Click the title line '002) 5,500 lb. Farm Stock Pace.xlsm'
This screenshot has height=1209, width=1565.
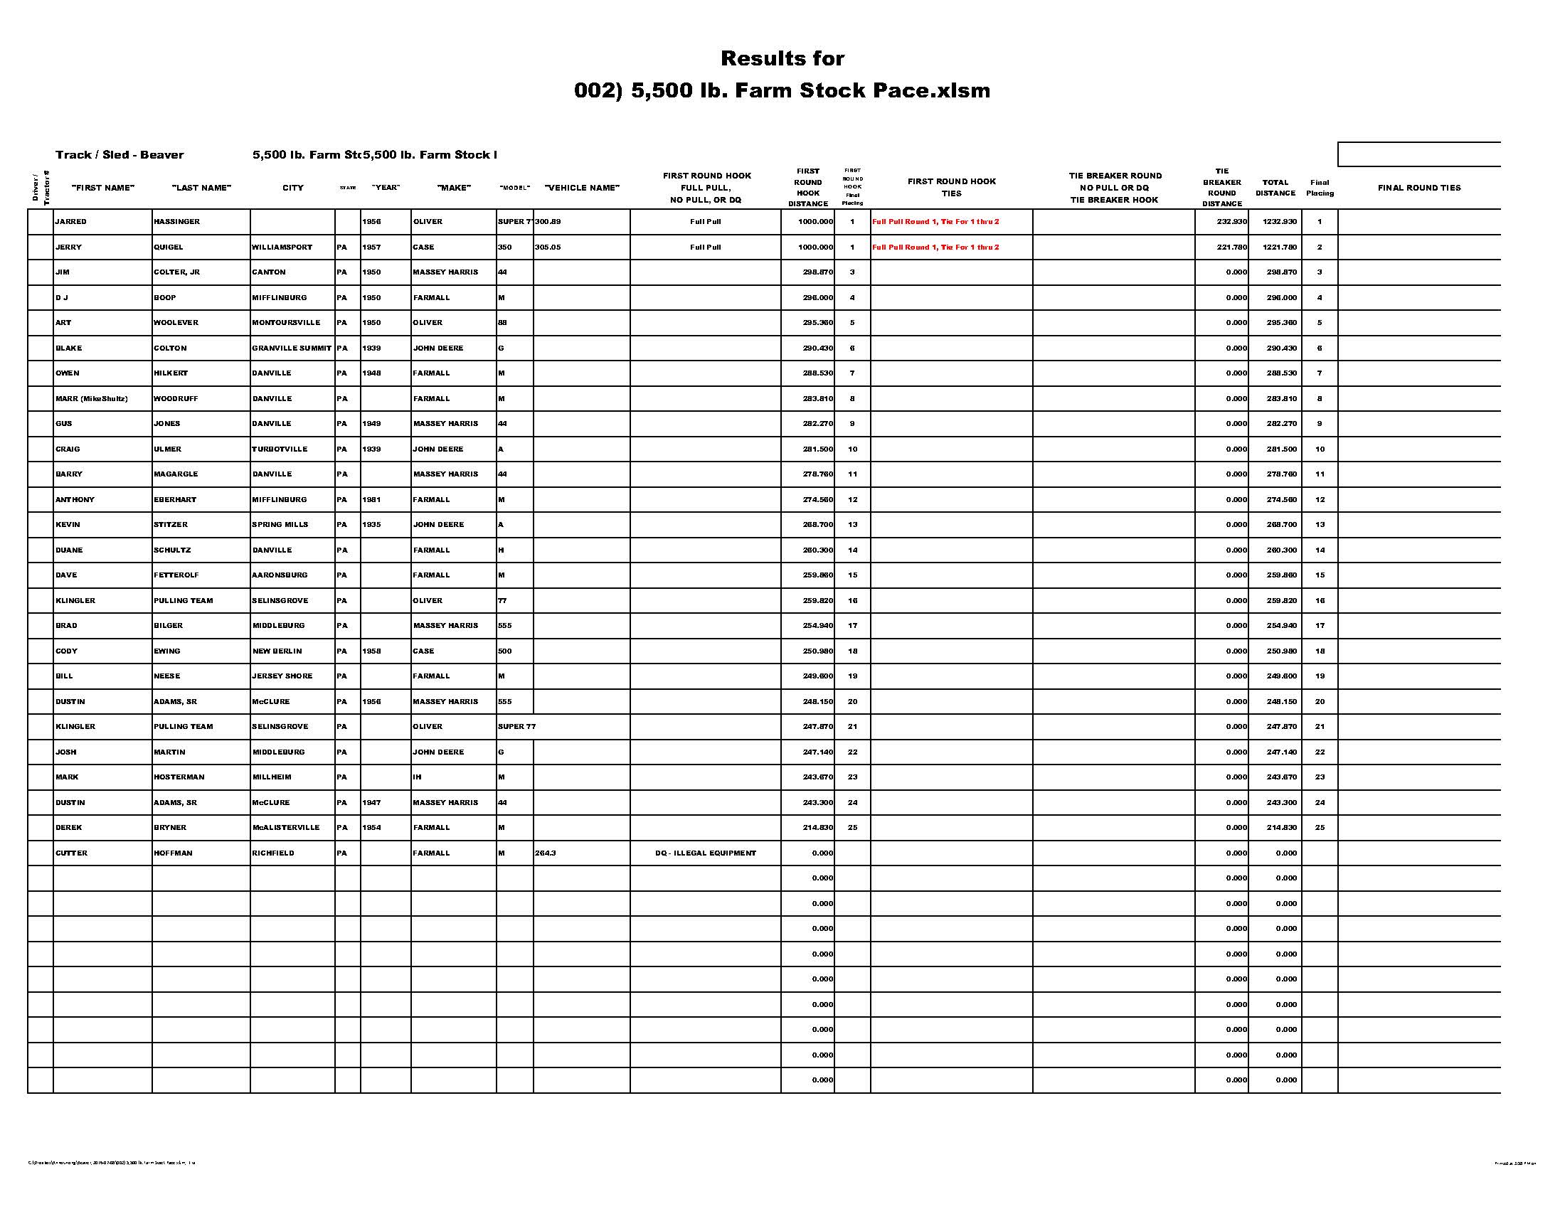coord(782,90)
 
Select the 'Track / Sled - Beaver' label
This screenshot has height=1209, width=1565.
coord(120,155)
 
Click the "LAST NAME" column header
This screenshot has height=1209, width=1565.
coord(201,188)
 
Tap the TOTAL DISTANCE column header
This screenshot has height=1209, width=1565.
coord(1275,188)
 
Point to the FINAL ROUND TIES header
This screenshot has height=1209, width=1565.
coord(1419,188)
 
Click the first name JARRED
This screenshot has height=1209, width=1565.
coord(71,222)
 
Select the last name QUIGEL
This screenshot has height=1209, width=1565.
coord(169,247)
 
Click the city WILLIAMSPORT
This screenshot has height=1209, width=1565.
coord(282,247)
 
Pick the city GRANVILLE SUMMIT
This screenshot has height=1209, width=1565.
coord(292,348)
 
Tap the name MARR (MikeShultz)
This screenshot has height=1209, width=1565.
coord(92,398)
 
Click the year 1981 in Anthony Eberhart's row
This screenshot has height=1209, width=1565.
coord(371,499)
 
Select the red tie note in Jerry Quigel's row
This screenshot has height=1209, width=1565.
coord(935,247)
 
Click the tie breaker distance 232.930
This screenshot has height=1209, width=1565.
coord(1232,222)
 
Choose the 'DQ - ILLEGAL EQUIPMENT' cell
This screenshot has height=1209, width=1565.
coord(705,853)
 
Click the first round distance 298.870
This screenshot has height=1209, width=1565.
coord(817,272)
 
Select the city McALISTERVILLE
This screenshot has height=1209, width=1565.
coord(286,827)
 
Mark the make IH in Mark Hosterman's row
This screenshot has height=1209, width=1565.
coord(417,777)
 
